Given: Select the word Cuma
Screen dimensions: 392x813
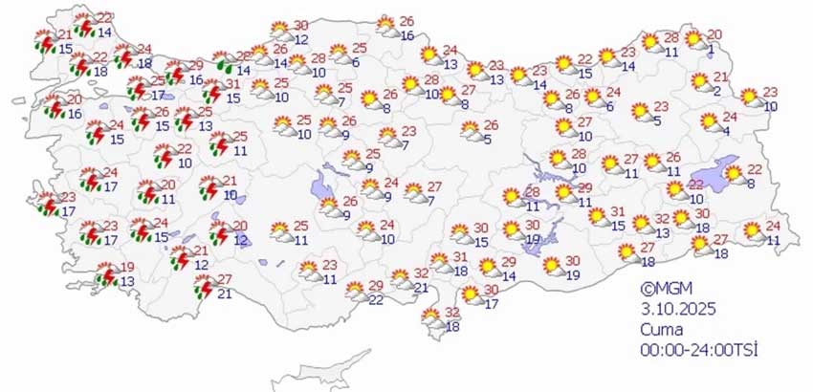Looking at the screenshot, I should click(x=661, y=328).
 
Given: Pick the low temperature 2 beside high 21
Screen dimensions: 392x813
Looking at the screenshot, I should click(x=716, y=92).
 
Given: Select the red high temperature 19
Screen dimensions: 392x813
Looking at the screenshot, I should click(x=127, y=267).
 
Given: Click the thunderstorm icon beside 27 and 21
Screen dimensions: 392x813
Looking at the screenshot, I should click(x=204, y=287).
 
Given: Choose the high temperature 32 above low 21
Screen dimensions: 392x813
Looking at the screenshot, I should click(x=422, y=273).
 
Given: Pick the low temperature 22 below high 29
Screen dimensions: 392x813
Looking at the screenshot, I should click(x=376, y=300).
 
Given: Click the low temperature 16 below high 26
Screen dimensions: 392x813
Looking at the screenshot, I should click(x=406, y=35).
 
